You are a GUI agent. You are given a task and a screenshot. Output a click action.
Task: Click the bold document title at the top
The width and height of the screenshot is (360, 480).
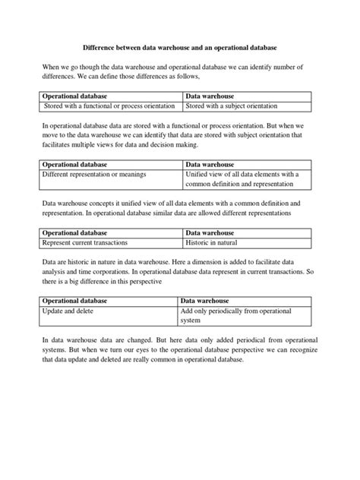point(179,46)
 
